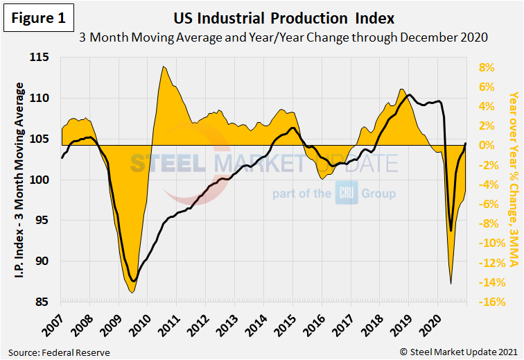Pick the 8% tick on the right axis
coord(487,68)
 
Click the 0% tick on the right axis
coord(487,146)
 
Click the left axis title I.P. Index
coord(20,180)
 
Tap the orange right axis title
coord(511,180)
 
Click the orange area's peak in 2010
coord(163,67)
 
